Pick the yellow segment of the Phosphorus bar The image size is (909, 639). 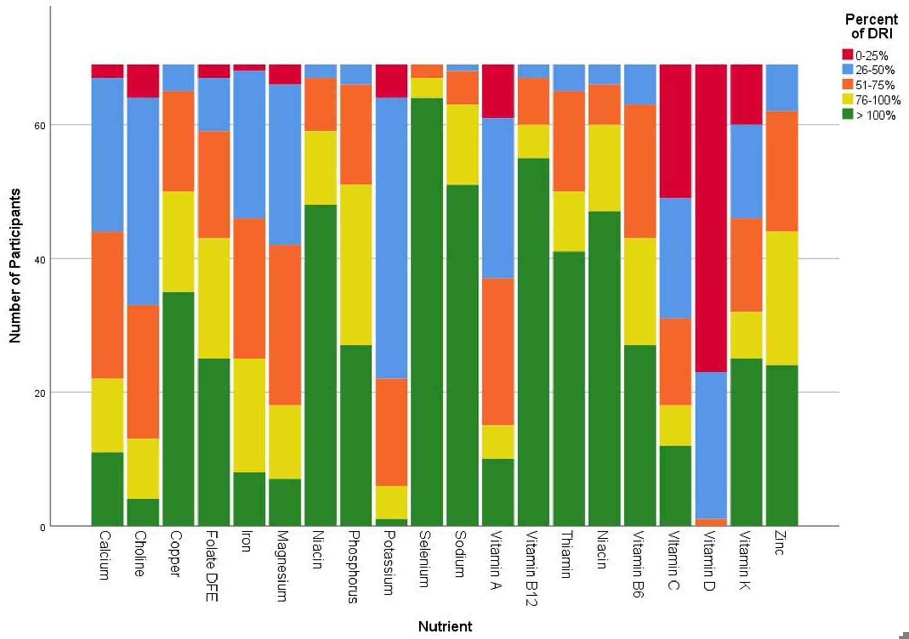click(356, 264)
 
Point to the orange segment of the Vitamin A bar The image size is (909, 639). click(498, 352)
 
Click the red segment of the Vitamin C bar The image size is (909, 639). click(676, 131)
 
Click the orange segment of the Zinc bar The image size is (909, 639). click(782, 171)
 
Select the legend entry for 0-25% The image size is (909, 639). click(871, 55)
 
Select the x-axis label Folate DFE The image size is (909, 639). click(211, 566)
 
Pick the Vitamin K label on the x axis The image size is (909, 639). click(744, 560)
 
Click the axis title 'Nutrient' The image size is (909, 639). click(445, 626)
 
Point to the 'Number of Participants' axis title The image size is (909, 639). click(15, 265)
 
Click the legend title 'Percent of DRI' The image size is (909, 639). click(871, 27)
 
